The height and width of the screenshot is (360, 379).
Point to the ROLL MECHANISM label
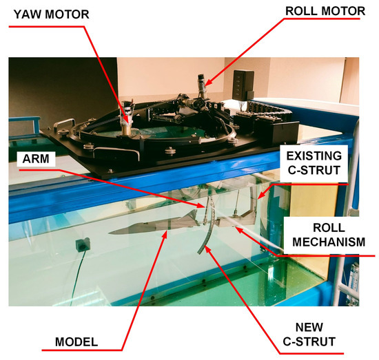[329, 232]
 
